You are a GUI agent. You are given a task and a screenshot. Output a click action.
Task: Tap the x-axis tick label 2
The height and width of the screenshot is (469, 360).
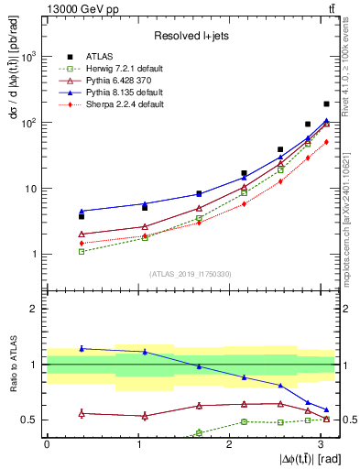coord(229,444)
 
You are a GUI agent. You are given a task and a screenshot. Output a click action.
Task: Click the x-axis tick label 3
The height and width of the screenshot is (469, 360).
coord(320,444)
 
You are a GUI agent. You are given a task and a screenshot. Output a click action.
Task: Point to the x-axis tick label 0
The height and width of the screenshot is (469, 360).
coord(48,444)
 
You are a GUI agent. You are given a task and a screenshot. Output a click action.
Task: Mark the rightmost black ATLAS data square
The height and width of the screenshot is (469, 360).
coord(326,104)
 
